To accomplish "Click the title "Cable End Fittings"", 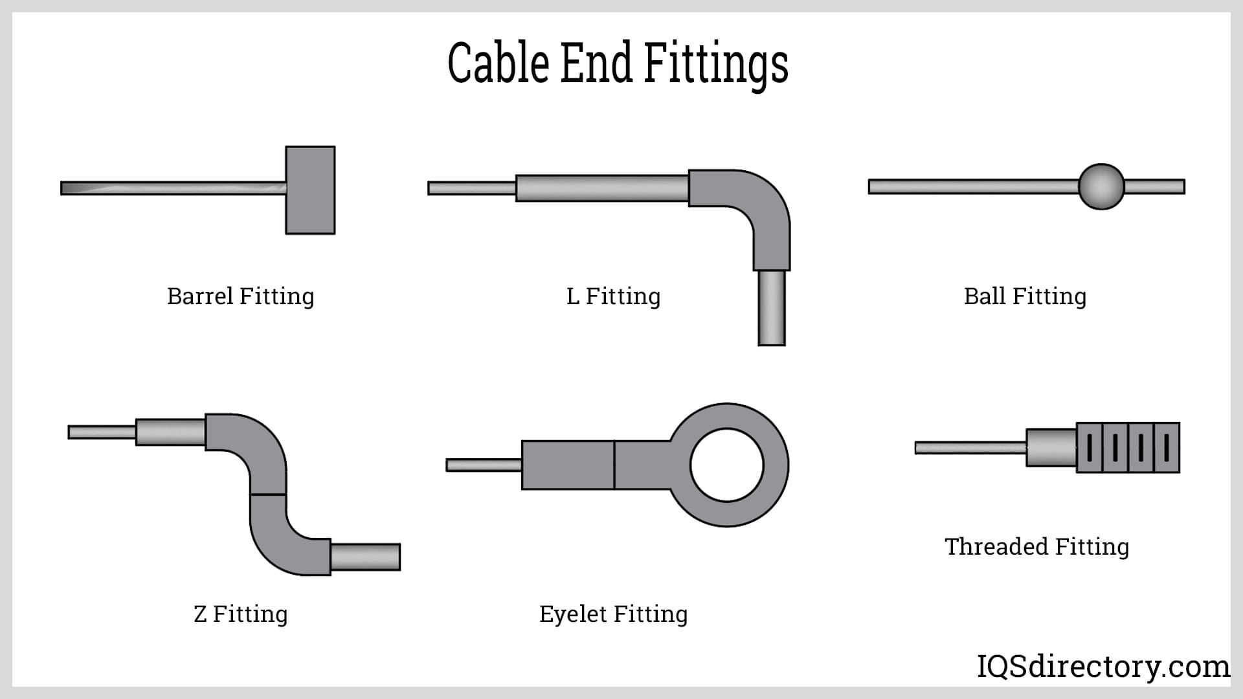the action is click(618, 63).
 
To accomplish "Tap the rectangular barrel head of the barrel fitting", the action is click(311, 190).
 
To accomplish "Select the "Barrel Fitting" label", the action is click(241, 296).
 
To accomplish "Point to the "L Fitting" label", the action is click(614, 296).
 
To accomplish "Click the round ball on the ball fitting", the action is click(1101, 186).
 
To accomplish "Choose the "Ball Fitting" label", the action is click(1025, 296).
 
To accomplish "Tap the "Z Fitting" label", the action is click(241, 614).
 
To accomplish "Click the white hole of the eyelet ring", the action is click(727, 465).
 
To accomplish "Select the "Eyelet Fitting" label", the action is click(614, 614).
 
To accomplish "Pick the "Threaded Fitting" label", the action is click(1037, 546).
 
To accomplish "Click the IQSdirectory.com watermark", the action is click(1103, 666).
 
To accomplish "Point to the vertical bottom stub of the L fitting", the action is click(772, 308).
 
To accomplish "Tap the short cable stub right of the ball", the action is click(1155, 186).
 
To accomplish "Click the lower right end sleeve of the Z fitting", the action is click(365, 557).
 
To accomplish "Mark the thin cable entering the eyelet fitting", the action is click(484, 465).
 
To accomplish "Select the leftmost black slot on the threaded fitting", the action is click(1090, 447).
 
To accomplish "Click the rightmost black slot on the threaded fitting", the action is click(1166, 447).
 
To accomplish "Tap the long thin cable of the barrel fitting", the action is click(174, 188).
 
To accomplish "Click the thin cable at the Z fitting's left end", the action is click(102, 432).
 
